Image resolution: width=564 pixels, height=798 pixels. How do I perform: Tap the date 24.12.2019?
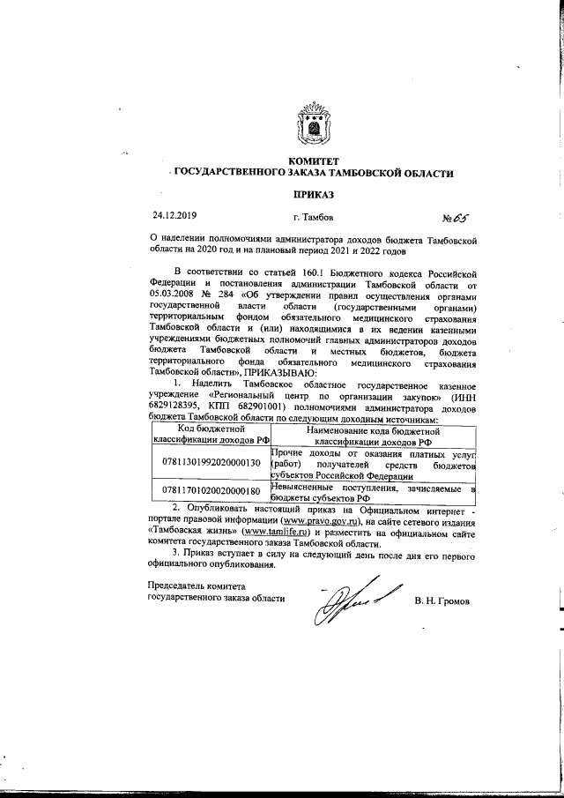coord(175,216)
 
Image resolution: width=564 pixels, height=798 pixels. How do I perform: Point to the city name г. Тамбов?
coord(312,216)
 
